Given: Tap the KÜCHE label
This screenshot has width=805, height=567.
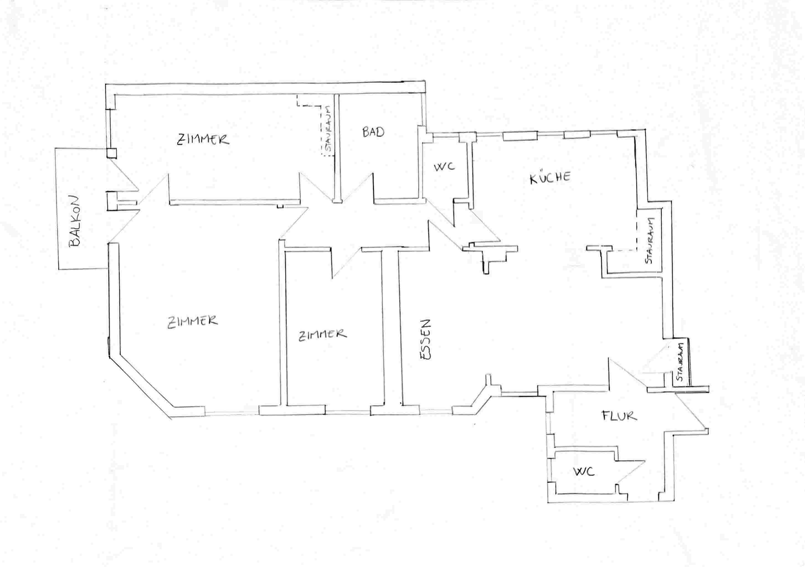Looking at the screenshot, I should [x=550, y=178].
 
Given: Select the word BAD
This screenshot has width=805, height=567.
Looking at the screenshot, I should [x=373, y=132].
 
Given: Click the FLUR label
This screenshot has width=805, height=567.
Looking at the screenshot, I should [x=619, y=416].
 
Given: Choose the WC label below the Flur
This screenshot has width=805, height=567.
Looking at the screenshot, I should [x=583, y=472].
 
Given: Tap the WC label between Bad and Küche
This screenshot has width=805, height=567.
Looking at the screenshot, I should [x=444, y=166].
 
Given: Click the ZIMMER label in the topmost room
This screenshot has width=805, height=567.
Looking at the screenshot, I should [x=203, y=139].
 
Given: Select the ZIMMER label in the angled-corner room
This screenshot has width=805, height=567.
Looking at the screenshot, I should [x=192, y=321].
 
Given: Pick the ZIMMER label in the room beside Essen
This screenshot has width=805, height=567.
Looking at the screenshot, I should [x=322, y=335].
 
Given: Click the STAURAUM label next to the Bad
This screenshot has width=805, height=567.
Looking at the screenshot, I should [x=328, y=130].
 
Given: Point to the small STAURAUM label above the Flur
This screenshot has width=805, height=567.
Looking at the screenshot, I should [x=680, y=362].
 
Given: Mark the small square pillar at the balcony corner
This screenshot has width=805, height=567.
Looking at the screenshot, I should [x=112, y=153].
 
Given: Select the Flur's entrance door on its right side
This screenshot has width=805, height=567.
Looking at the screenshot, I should [x=690, y=413].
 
